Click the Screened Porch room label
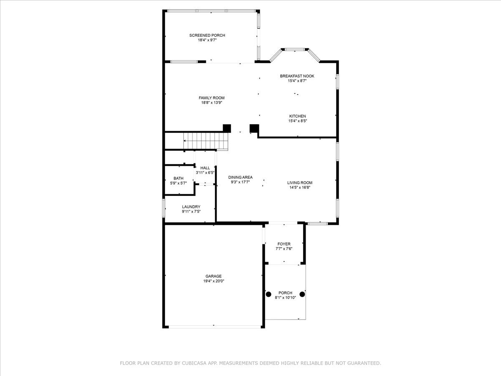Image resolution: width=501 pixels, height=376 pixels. (207, 36)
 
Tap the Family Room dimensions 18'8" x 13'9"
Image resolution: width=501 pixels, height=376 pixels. (212, 103)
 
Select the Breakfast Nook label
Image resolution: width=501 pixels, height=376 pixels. (297, 76)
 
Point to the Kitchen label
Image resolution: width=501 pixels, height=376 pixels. (297, 116)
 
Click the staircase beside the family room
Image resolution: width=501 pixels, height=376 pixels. (206, 141)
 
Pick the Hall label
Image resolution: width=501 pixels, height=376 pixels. (205, 168)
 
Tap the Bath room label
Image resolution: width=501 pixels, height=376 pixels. (178, 178)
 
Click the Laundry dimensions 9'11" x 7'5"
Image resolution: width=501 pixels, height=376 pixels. (191, 212)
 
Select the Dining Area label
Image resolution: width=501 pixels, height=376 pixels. (240, 178)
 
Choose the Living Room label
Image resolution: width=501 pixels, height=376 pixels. (300, 183)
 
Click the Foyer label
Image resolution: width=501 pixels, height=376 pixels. (284, 244)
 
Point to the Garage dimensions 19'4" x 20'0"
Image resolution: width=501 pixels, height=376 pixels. (214, 281)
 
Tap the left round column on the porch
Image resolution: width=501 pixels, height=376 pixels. (268, 294)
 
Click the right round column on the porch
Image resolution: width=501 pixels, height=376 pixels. (302, 294)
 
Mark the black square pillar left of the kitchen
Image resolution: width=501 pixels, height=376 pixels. (254, 128)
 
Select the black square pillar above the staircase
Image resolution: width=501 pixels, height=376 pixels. (227, 128)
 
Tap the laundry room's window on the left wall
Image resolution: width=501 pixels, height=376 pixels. (163, 208)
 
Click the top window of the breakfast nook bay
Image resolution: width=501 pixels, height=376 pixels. (295, 49)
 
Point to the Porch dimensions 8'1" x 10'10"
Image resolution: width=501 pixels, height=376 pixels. (285, 298)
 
